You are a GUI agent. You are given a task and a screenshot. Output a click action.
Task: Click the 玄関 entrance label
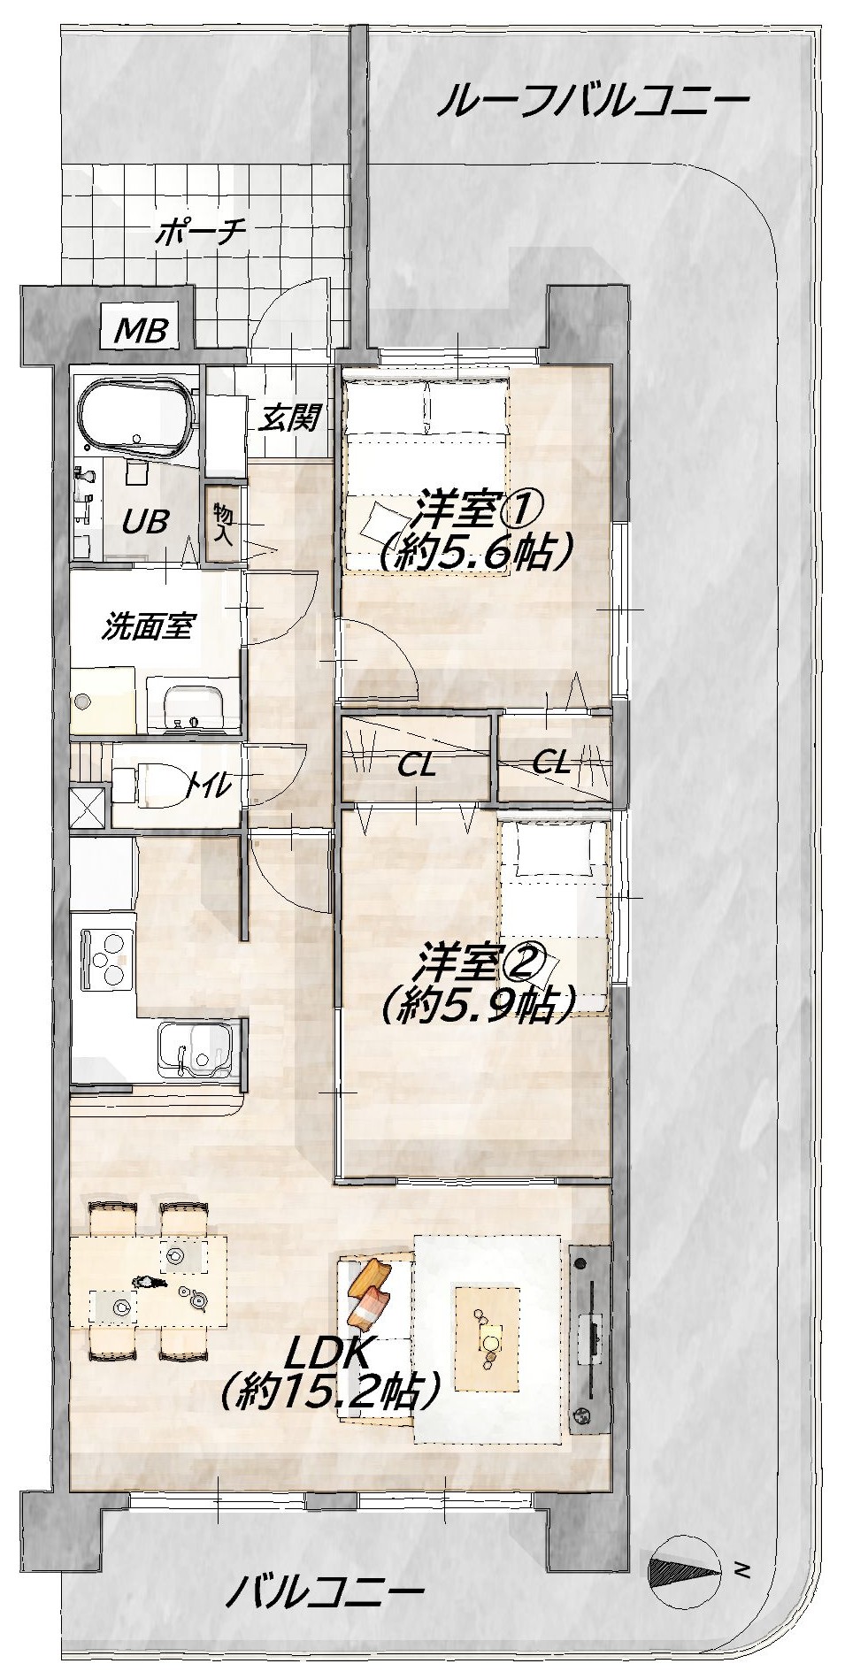point(288,417)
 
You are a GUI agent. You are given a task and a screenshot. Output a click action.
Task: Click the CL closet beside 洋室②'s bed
point(553,760)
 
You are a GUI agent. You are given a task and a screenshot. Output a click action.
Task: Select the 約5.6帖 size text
point(472,552)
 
